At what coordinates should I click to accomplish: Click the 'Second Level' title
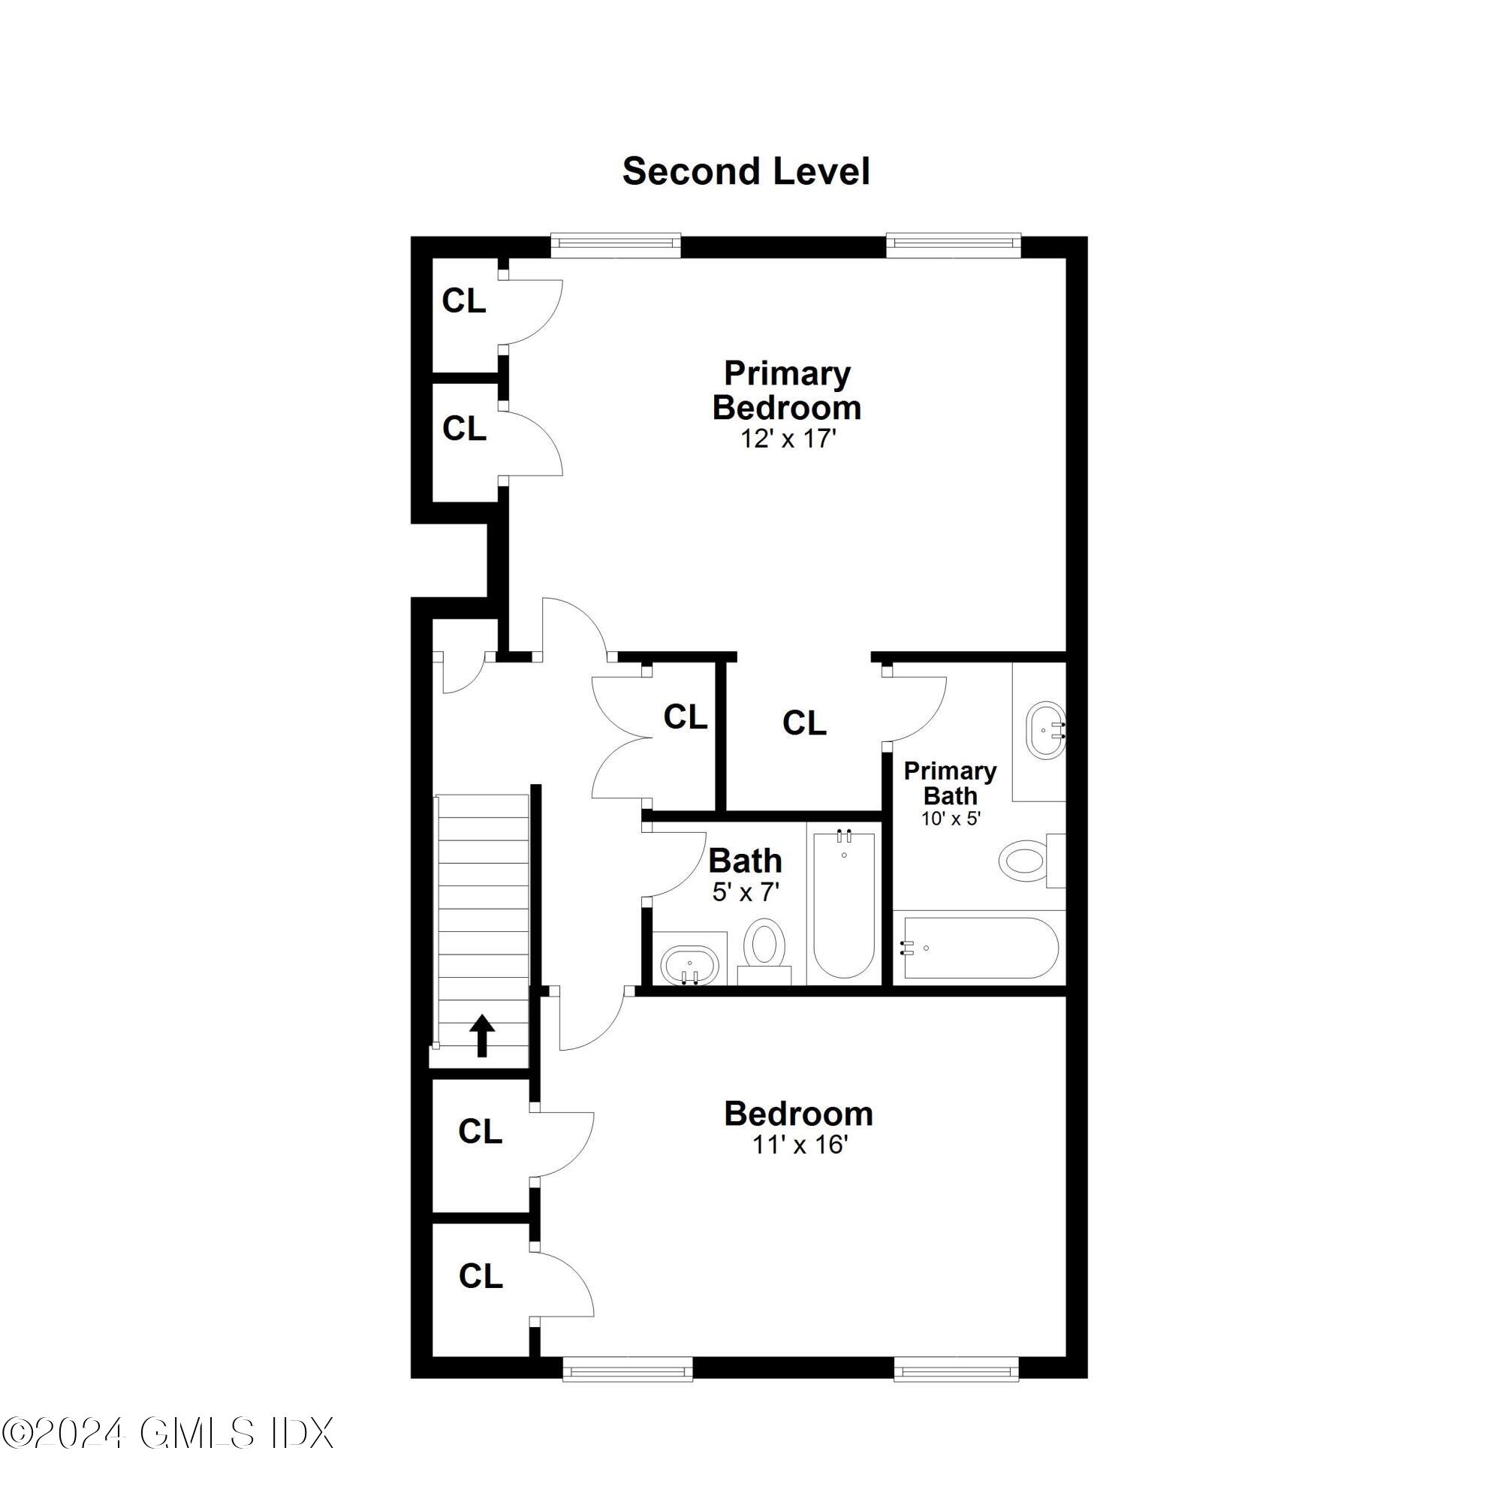click(746, 171)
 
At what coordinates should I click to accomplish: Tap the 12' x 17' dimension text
click(788, 439)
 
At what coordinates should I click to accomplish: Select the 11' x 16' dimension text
click(798, 1145)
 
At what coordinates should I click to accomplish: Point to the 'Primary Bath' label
click(950, 783)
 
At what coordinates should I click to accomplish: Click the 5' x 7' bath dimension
click(746, 891)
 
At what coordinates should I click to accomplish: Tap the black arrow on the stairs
click(482, 1036)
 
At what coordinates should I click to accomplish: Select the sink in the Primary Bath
click(1046, 731)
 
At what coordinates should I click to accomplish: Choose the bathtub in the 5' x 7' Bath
click(844, 905)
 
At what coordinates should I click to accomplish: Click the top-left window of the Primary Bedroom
click(616, 244)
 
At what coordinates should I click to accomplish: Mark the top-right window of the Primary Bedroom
click(953, 244)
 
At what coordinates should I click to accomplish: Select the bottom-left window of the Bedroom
click(628, 1390)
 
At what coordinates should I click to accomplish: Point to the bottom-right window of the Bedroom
click(956, 1390)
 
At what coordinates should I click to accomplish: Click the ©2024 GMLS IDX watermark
click(167, 1455)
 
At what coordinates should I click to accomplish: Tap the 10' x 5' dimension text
click(951, 819)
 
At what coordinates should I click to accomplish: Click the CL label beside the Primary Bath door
click(804, 723)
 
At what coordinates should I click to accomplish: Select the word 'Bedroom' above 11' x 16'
click(798, 1113)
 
